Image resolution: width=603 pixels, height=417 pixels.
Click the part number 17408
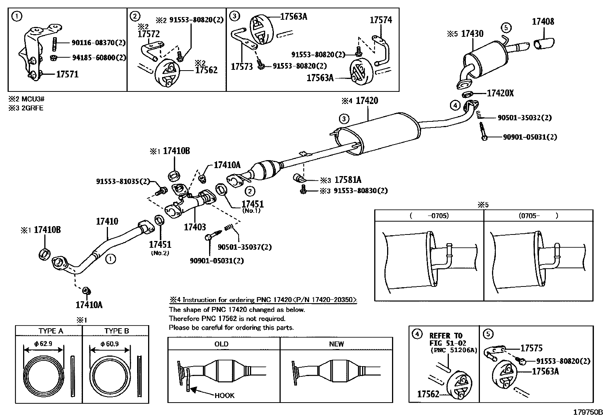(543, 22)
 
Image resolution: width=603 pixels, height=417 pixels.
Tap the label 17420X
(500, 93)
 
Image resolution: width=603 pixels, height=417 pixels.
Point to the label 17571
(67, 74)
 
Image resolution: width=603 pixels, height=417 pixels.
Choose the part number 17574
(381, 20)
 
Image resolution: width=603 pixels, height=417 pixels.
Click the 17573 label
(242, 67)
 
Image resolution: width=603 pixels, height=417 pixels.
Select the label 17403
(195, 227)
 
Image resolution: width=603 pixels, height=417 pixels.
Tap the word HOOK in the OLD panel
(224, 395)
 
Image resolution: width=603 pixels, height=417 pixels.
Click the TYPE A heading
(51, 331)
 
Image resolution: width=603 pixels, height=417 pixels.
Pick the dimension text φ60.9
(109, 343)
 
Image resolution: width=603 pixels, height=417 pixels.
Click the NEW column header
(336, 344)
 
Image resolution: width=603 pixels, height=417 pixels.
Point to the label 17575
(531, 348)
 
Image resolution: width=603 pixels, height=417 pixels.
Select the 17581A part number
(348, 180)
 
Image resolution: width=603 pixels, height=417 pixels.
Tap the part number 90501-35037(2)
(245, 247)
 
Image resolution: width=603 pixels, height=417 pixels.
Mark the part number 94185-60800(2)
(99, 58)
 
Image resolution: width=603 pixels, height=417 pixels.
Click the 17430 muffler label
(472, 34)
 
